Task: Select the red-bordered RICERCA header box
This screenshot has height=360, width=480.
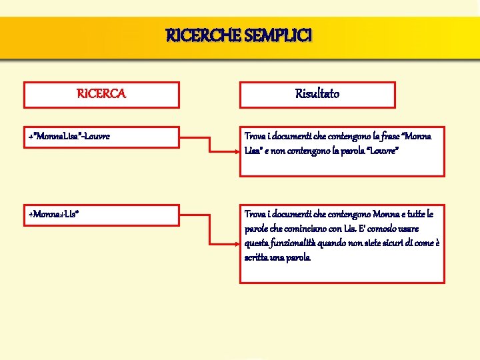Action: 101,95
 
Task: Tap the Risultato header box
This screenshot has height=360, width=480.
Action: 317,95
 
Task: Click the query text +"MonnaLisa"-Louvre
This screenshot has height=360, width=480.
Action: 69,137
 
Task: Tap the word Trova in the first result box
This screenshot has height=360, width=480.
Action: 255,137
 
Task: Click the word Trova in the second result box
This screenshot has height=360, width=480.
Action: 255,214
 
